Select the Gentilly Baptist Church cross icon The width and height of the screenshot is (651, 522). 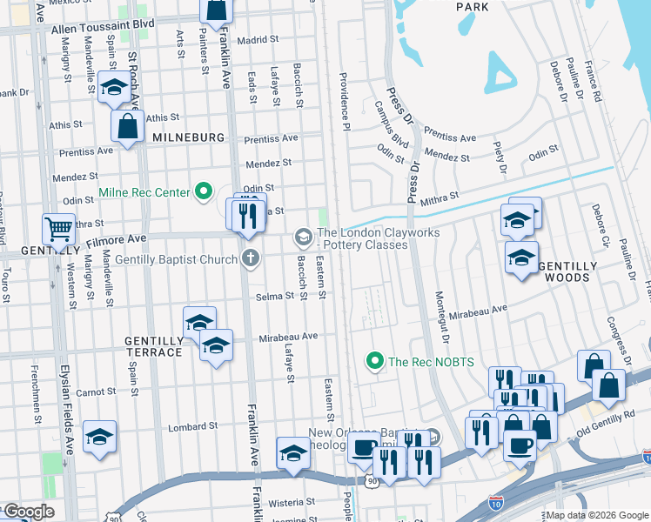click(251, 258)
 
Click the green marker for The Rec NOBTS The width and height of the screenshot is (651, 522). click(375, 360)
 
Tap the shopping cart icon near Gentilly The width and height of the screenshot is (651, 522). click(58, 230)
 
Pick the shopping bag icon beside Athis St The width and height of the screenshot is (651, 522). click(127, 125)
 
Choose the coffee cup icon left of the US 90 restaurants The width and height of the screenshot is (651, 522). click(362, 449)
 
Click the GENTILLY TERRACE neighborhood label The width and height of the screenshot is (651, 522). click(153, 345)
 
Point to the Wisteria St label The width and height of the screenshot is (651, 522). click(291, 502)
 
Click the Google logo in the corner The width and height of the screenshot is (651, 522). click(28, 512)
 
